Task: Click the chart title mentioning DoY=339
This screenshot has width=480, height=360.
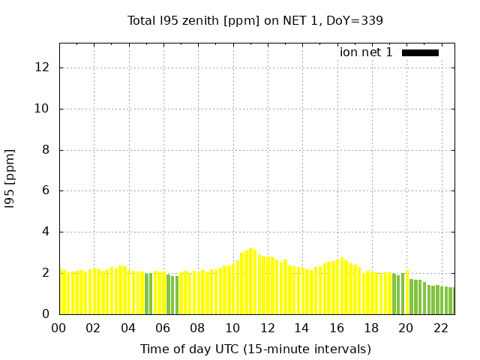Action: (x=255, y=21)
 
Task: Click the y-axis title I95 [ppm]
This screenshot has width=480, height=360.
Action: (x=10, y=178)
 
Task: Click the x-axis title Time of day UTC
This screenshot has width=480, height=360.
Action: (x=255, y=349)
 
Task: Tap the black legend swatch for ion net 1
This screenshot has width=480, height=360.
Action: (x=420, y=52)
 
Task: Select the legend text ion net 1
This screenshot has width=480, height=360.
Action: (x=366, y=52)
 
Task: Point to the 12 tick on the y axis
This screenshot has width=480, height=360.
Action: (x=42, y=67)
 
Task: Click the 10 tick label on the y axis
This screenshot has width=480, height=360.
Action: (x=42, y=109)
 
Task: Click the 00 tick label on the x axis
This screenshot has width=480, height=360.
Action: (x=59, y=328)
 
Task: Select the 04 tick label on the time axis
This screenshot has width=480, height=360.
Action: (x=128, y=328)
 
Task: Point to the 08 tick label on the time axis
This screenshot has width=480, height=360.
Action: (x=197, y=328)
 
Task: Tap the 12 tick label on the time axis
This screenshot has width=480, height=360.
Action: (x=267, y=328)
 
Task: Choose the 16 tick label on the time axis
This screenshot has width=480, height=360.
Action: (x=336, y=328)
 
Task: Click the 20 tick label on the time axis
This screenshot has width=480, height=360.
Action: (x=406, y=328)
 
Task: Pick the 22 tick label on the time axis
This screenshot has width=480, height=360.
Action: (x=440, y=328)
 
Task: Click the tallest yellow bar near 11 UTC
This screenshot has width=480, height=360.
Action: (x=251, y=281)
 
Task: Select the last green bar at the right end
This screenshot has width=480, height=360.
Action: (x=453, y=301)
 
